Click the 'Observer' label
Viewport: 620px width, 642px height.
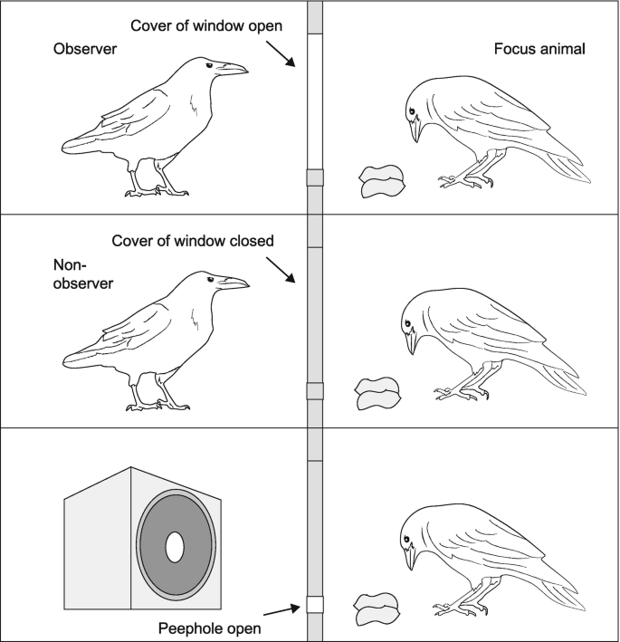[85, 49]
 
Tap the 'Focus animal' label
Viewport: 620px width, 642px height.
[540, 49]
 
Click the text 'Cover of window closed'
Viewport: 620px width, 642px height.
[193, 241]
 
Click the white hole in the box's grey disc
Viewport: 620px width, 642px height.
[176, 545]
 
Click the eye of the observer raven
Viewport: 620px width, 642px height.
[209, 64]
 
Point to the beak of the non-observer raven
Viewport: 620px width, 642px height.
[234, 283]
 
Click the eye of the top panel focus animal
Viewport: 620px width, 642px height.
[412, 110]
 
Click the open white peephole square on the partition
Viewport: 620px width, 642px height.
[315, 605]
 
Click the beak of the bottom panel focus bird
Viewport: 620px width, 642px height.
[414, 556]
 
